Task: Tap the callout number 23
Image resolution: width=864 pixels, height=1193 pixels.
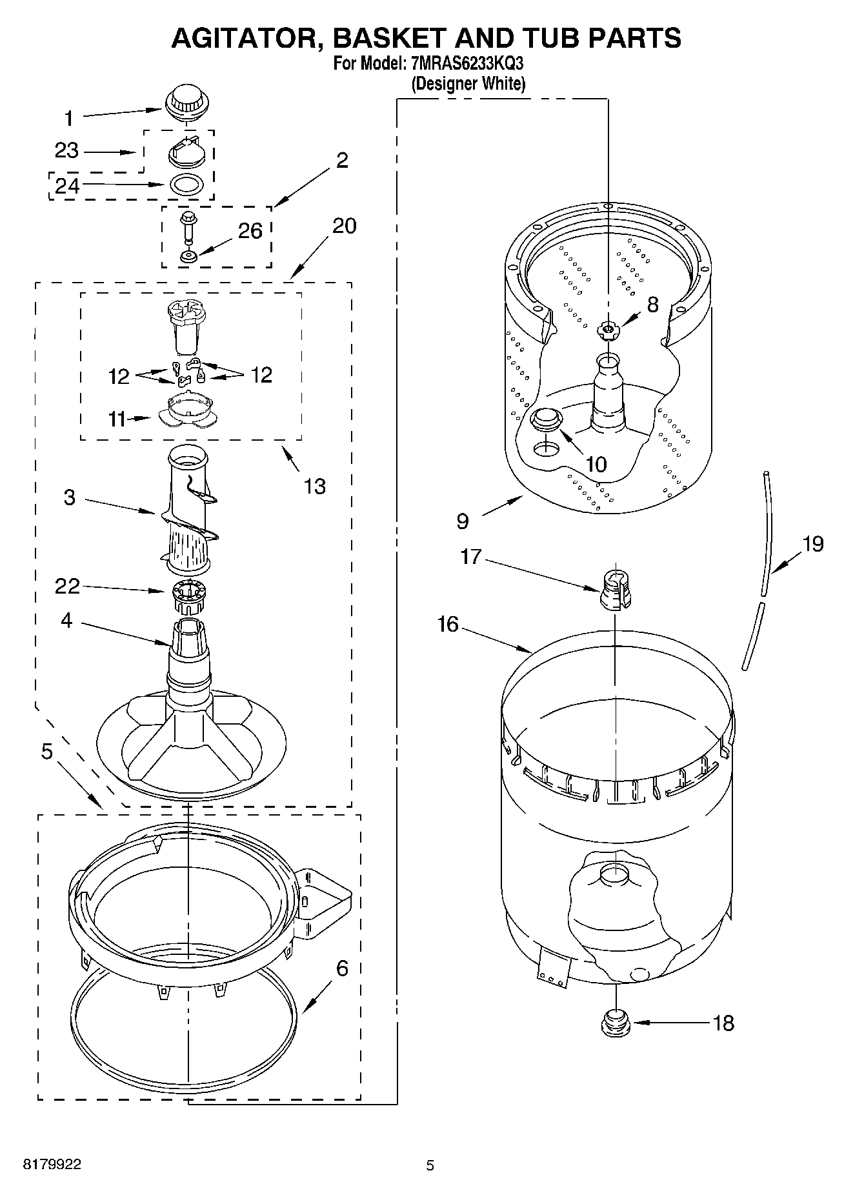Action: click(66, 151)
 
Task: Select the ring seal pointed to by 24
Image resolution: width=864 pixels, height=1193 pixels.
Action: click(186, 185)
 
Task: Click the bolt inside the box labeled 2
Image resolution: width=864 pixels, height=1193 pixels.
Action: click(189, 226)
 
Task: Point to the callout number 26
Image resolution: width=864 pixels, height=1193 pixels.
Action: click(250, 230)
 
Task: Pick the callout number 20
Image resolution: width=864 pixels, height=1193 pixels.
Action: click(344, 226)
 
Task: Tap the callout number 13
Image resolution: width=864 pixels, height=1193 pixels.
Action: click(314, 486)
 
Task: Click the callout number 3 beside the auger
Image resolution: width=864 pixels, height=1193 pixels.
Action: click(69, 497)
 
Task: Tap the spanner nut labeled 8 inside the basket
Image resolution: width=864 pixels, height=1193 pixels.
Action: click(607, 331)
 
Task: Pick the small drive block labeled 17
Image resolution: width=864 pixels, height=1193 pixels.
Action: click(615, 589)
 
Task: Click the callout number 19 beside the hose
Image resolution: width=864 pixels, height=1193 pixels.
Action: click(813, 543)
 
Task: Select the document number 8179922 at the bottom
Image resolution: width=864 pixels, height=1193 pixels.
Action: click(52, 1165)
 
